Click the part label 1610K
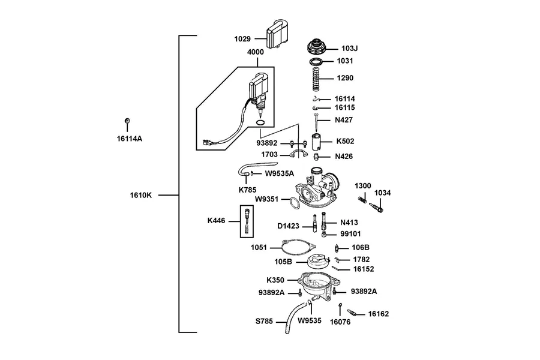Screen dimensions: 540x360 coord(140,196)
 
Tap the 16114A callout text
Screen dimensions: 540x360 coord(130,139)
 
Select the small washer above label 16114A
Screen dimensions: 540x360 coord(127,121)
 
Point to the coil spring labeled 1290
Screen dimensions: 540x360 coord(316,79)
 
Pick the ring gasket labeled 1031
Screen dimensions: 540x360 coord(316,62)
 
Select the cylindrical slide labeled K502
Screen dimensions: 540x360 coord(316,142)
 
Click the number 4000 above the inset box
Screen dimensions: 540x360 coord(256,52)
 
